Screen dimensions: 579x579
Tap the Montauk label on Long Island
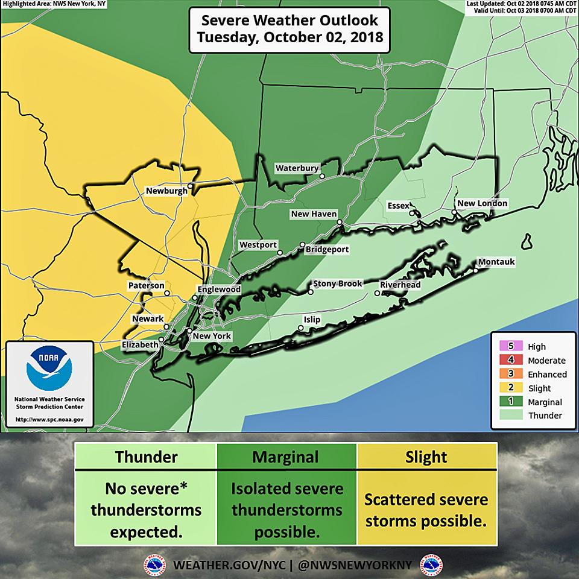tap(496, 262)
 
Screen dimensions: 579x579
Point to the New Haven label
tap(313, 214)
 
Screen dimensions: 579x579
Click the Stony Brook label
tap(337, 283)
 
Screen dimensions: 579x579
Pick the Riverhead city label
tap(400, 285)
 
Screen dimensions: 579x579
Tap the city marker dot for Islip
tap(300, 328)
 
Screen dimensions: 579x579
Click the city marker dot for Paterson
tap(167, 293)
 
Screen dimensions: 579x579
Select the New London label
tap(482, 204)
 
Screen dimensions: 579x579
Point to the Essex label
tap(398, 206)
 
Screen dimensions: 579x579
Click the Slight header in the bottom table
tap(426, 457)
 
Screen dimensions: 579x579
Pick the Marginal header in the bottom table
tap(286, 457)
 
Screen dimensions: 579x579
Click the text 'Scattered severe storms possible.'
tap(426, 510)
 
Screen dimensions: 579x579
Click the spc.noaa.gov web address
tap(49, 419)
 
